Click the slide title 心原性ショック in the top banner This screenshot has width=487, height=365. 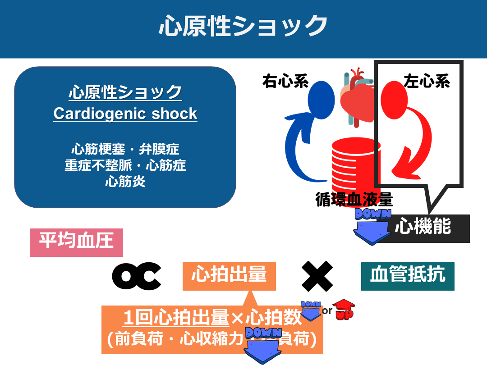point(243,26)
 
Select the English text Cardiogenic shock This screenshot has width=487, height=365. point(125,114)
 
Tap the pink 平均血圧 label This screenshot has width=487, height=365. point(76,241)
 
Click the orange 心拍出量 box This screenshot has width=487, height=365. point(229,275)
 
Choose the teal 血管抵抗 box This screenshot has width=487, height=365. point(408,275)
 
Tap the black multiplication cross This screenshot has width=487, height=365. point(317,276)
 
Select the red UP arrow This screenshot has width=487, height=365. point(343,310)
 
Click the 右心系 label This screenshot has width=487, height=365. point(285,82)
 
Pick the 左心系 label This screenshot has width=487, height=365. point(427,82)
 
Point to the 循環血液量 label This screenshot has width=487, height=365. point(354,199)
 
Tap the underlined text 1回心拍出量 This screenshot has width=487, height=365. point(176,318)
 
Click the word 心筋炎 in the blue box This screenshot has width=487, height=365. point(125,182)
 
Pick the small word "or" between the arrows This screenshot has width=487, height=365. point(327,310)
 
